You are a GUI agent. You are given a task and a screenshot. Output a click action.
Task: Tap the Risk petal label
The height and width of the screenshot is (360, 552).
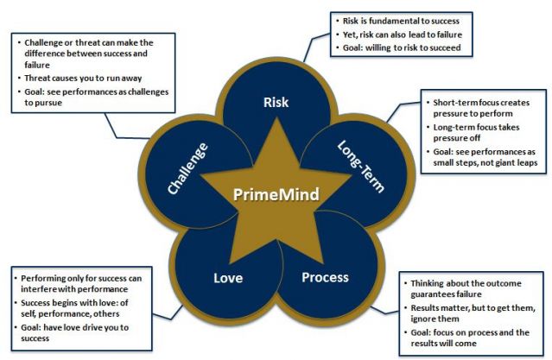click(x=275, y=103)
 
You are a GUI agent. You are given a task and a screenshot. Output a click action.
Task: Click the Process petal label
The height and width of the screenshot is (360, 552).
click(x=325, y=277)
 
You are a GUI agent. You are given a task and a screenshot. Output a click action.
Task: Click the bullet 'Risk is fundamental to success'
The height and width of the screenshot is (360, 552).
click(x=403, y=20)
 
